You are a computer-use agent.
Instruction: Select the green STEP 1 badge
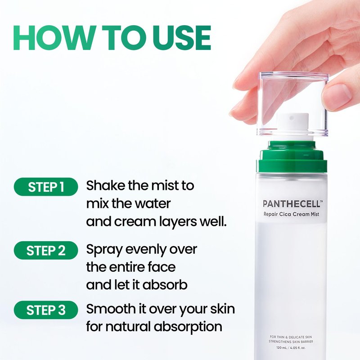[x=46, y=187]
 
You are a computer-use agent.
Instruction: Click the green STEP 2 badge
[x=46, y=250]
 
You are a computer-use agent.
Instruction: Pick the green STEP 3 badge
[x=46, y=310]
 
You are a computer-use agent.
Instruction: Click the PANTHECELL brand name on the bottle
[x=291, y=204]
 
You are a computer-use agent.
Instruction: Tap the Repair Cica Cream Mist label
[x=291, y=215]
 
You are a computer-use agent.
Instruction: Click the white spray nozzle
[x=291, y=127]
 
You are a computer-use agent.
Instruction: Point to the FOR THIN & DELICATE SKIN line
[x=291, y=337]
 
